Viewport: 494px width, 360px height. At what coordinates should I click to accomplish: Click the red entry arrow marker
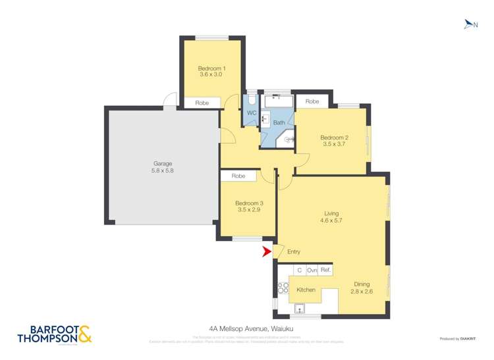click(x=267, y=251)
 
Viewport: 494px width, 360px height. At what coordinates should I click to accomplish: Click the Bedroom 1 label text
click(x=211, y=68)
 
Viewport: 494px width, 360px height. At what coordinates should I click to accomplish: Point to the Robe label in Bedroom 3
click(x=238, y=176)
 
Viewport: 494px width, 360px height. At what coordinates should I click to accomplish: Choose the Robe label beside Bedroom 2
click(x=312, y=102)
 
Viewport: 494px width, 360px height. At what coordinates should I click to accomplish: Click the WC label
click(x=251, y=113)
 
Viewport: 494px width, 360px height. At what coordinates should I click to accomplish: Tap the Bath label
click(x=279, y=122)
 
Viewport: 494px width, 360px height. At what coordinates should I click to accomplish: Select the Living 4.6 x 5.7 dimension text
click(x=331, y=221)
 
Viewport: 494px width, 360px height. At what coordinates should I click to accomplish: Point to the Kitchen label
click(x=306, y=290)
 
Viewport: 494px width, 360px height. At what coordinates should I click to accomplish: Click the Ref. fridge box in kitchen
click(x=326, y=270)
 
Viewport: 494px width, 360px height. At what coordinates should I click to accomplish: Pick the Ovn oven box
click(x=312, y=270)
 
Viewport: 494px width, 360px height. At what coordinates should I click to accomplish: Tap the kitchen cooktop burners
click(x=283, y=288)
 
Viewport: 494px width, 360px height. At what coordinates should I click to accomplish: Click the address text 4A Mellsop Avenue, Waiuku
click(x=246, y=333)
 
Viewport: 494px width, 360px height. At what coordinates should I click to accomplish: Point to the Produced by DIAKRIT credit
click(x=458, y=338)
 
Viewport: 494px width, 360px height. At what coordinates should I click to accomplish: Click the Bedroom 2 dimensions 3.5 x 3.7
click(x=333, y=143)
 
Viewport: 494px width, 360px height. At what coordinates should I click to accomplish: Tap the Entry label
click(x=294, y=252)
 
